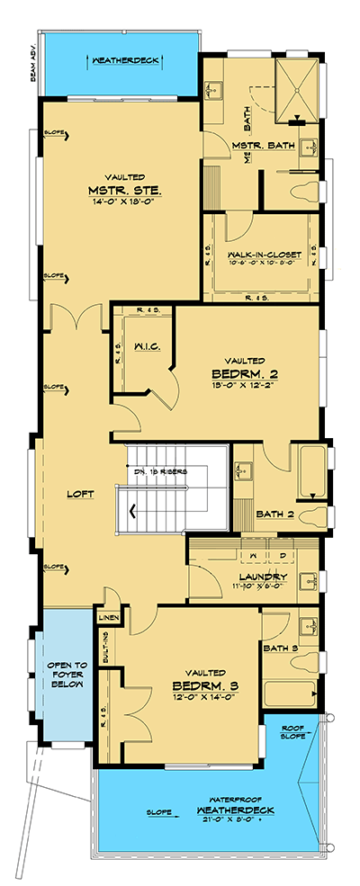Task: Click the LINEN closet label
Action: [107, 617]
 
